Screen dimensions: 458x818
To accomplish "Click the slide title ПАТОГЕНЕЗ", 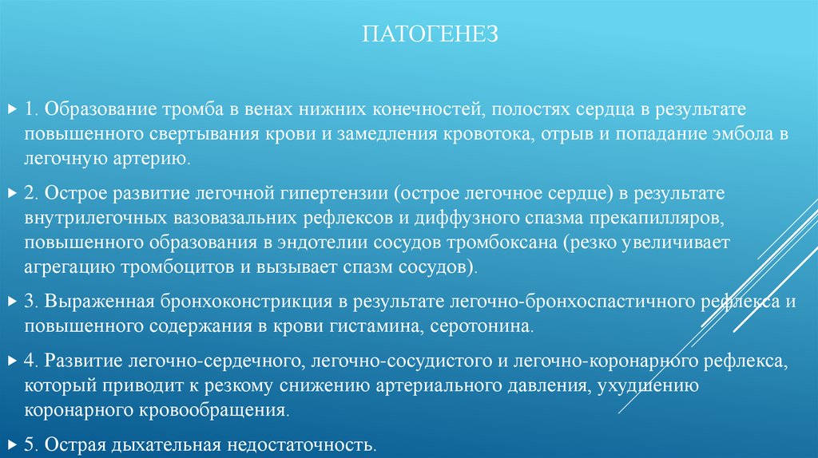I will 431,34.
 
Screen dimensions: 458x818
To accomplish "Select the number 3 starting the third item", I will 28,302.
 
